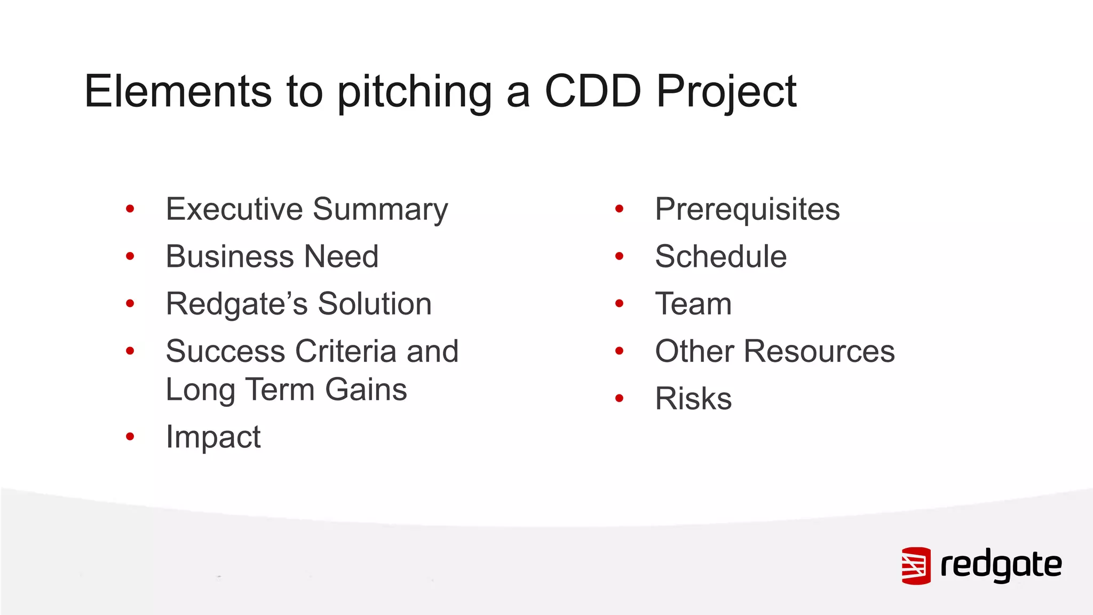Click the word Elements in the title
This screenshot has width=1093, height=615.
[x=178, y=91]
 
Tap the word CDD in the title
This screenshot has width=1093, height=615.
[x=592, y=91]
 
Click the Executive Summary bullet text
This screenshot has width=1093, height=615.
[x=307, y=209]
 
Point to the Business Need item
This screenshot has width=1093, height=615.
[x=272, y=256]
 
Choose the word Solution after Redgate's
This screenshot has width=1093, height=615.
[x=375, y=304]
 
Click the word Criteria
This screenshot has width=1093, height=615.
[x=346, y=351]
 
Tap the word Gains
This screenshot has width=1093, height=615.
[x=366, y=390]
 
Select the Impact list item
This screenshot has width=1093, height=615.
[x=213, y=437]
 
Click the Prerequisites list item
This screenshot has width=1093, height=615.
[x=747, y=209]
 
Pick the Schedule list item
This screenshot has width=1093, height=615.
[x=720, y=256]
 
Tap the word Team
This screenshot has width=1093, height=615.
[x=693, y=304]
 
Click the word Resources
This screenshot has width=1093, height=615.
[x=819, y=351]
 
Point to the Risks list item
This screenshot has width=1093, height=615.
[x=693, y=399]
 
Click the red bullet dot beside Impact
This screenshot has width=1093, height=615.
[x=130, y=437]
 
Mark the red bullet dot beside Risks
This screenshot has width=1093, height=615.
[x=619, y=398]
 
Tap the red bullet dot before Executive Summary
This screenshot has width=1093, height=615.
[x=130, y=209]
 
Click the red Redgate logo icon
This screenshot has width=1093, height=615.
[x=916, y=566]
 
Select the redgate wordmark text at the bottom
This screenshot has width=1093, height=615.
[x=1001, y=565]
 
